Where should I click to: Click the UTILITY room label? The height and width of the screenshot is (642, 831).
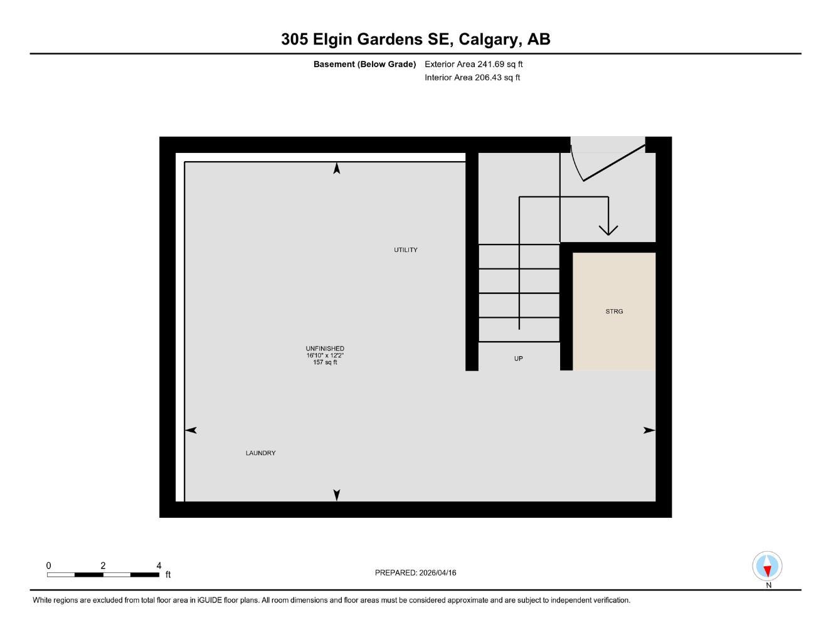point(405,250)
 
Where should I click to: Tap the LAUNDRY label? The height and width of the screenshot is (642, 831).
point(260,453)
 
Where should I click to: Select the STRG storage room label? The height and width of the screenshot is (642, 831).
point(614,312)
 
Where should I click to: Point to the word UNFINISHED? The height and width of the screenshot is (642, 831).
point(325,349)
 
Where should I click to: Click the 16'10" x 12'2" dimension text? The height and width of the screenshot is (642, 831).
point(325,355)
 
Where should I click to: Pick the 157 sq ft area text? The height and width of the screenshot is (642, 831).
point(325,362)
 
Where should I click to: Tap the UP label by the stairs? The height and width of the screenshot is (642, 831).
point(518,359)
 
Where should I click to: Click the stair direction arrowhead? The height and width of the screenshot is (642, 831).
point(608,229)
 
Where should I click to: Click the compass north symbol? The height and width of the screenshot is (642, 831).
point(767,566)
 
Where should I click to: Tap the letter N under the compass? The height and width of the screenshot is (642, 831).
point(768,586)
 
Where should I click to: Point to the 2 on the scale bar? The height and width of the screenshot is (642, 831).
point(103,566)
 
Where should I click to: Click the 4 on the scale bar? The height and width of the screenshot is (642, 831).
point(159,566)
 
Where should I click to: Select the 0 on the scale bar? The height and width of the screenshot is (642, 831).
point(48,566)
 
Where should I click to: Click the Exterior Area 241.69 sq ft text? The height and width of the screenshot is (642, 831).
point(474,64)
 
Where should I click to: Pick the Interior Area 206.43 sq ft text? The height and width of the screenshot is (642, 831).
point(472,78)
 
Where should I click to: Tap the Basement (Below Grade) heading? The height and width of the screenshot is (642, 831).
point(364,64)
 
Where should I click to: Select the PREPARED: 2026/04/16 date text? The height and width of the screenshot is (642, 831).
point(415,573)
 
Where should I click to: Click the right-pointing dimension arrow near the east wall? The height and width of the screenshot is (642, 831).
point(649,430)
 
